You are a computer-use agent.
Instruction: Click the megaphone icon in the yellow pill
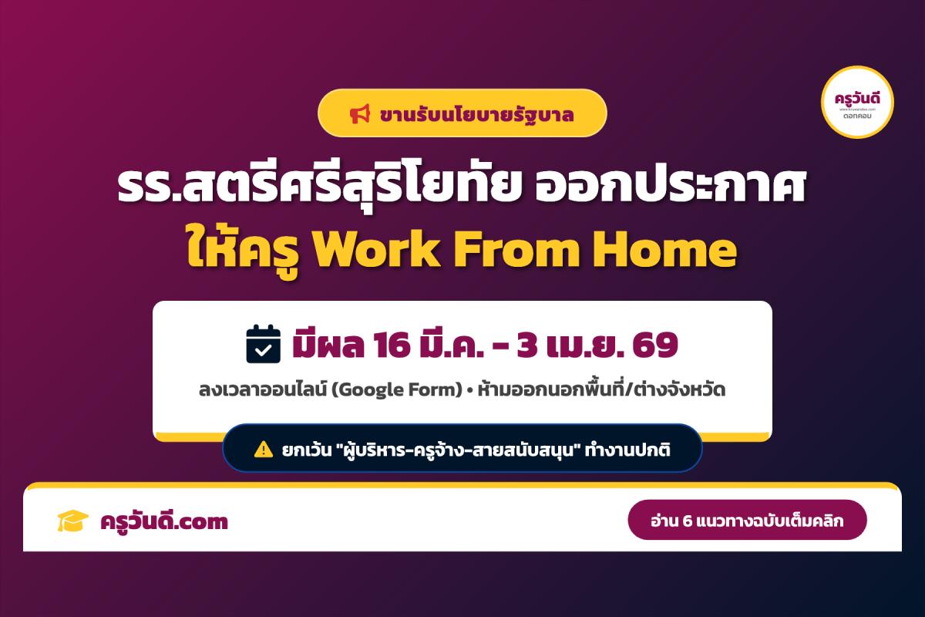pos(360,114)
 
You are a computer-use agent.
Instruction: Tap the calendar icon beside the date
pos(262,344)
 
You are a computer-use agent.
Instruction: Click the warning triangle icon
pos(263,448)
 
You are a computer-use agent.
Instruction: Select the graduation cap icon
pos(73,521)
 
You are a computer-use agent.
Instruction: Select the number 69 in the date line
pos(654,344)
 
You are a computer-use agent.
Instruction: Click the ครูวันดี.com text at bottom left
pos(164,522)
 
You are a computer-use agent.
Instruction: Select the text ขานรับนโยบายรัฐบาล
pos(476,114)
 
